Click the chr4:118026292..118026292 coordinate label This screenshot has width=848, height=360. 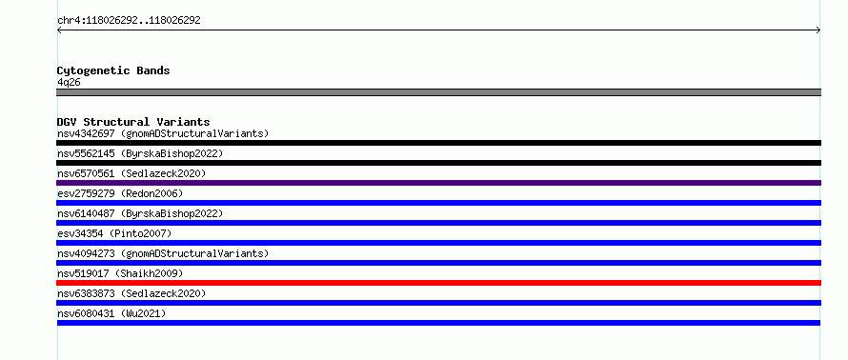(x=129, y=21)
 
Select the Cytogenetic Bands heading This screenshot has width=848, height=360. (x=113, y=70)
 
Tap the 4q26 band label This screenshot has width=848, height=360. (x=69, y=82)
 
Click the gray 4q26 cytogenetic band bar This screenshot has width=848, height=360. (x=438, y=92)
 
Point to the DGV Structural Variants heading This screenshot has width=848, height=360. (x=133, y=122)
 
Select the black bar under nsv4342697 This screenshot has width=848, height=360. (x=438, y=143)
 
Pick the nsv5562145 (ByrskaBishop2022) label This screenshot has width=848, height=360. (x=140, y=153)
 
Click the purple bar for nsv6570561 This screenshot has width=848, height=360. (x=438, y=183)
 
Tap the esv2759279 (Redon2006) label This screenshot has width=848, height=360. (x=120, y=193)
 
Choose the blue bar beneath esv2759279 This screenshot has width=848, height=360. (x=438, y=203)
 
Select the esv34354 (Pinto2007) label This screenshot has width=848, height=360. (x=114, y=233)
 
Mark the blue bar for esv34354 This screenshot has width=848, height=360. (x=438, y=243)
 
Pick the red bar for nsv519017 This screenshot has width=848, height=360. (x=438, y=283)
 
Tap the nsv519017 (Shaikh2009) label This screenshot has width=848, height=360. (x=120, y=273)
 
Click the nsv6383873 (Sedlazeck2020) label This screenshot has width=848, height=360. (x=131, y=293)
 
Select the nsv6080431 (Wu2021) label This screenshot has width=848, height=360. (x=111, y=313)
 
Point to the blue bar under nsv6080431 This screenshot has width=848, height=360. (x=438, y=323)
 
